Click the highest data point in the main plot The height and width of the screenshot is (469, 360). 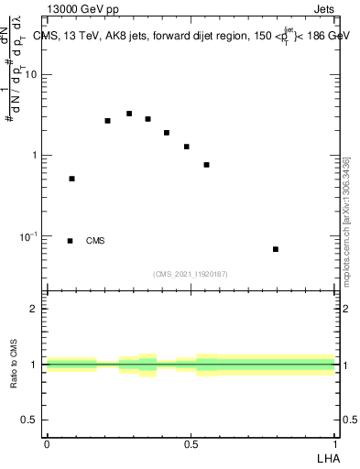129,114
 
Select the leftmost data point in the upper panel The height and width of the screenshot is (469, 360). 72,179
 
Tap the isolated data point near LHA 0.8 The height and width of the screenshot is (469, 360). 276,249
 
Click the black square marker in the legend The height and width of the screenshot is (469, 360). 70,241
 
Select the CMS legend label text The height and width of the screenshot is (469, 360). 95,241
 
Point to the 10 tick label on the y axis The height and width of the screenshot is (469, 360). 32,74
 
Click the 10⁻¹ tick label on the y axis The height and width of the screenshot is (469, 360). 29,236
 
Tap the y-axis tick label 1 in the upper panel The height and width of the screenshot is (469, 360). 35,155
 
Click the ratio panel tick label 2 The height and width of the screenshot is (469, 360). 34,309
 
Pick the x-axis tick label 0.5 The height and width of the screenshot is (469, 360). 191,444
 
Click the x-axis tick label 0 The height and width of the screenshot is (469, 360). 47,444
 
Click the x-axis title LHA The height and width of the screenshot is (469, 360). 327,457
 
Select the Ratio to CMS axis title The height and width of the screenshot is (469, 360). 14,364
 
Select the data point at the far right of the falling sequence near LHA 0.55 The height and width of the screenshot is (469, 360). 207,165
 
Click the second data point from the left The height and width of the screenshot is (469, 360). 107,120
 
